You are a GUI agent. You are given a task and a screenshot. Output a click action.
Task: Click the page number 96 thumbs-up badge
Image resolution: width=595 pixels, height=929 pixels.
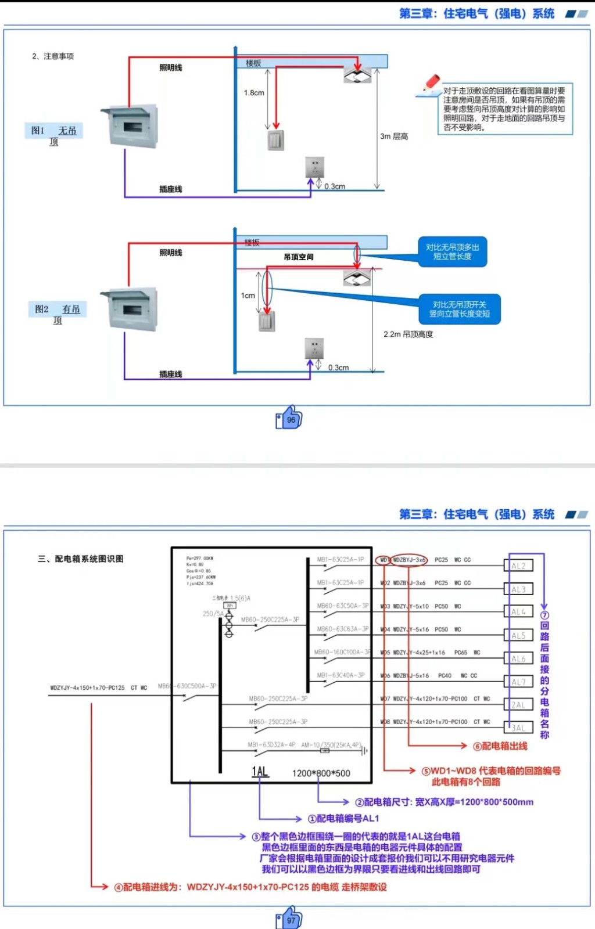[x=289, y=418]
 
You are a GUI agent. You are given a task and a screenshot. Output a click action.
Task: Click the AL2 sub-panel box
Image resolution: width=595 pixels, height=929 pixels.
[x=518, y=566]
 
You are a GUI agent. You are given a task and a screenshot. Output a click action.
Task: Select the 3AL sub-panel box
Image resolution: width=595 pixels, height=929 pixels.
[x=518, y=728]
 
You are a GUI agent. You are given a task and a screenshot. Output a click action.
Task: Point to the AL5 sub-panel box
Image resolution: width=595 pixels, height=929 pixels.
[x=518, y=635]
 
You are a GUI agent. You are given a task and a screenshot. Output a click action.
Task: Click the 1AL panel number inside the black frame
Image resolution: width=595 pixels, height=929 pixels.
[x=260, y=772]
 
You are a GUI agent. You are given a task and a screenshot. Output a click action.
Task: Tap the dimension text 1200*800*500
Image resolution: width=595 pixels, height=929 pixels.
[x=321, y=773]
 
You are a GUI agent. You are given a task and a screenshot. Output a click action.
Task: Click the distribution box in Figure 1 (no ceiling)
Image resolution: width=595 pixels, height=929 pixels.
[x=130, y=126]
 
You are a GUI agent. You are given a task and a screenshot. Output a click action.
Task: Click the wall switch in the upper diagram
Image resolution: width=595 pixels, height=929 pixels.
[x=276, y=141]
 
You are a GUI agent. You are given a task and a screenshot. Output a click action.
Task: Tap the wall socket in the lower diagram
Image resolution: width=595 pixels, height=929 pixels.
[x=314, y=348]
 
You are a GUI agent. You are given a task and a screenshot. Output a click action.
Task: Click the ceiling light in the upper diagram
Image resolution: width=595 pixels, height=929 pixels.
[x=357, y=75]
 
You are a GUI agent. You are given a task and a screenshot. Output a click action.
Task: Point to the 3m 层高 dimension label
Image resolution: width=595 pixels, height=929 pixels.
[x=394, y=136]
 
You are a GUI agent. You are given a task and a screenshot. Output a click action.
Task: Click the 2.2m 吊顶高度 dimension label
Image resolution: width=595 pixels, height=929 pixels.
[x=408, y=334]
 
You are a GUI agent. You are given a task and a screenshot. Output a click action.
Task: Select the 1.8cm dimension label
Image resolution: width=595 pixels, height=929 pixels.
[x=254, y=93]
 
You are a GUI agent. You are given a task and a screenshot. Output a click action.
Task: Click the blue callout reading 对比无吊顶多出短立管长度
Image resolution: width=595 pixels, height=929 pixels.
[x=453, y=252]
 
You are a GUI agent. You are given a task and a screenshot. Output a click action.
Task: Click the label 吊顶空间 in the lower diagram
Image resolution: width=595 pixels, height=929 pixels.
[x=299, y=257]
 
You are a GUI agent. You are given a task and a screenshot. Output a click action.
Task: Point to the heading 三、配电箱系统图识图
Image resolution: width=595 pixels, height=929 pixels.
[x=81, y=559]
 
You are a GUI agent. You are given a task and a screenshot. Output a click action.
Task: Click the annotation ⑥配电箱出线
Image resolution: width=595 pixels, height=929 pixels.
[x=500, y=746]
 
